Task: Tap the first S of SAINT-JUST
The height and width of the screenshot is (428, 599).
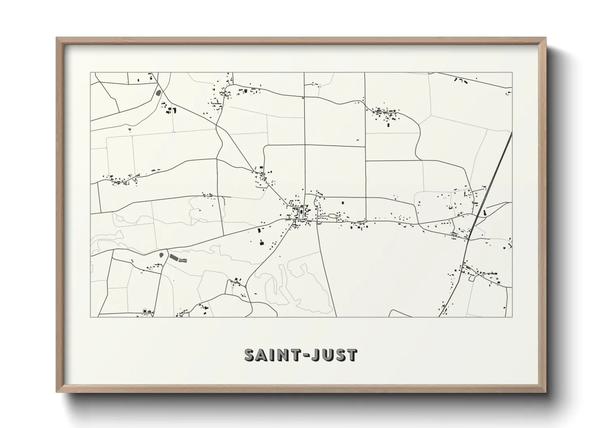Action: (251, 354)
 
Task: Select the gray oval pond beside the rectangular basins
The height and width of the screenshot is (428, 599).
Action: (162, 256)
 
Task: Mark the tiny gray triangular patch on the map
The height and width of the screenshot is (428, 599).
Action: (130, 129)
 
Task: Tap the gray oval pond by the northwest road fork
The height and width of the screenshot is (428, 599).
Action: (158, 93)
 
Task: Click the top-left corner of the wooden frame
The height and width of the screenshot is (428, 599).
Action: (57, 38)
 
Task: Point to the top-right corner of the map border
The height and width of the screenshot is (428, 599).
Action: (512, 73)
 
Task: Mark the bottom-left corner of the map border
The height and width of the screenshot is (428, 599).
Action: (90, 317)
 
